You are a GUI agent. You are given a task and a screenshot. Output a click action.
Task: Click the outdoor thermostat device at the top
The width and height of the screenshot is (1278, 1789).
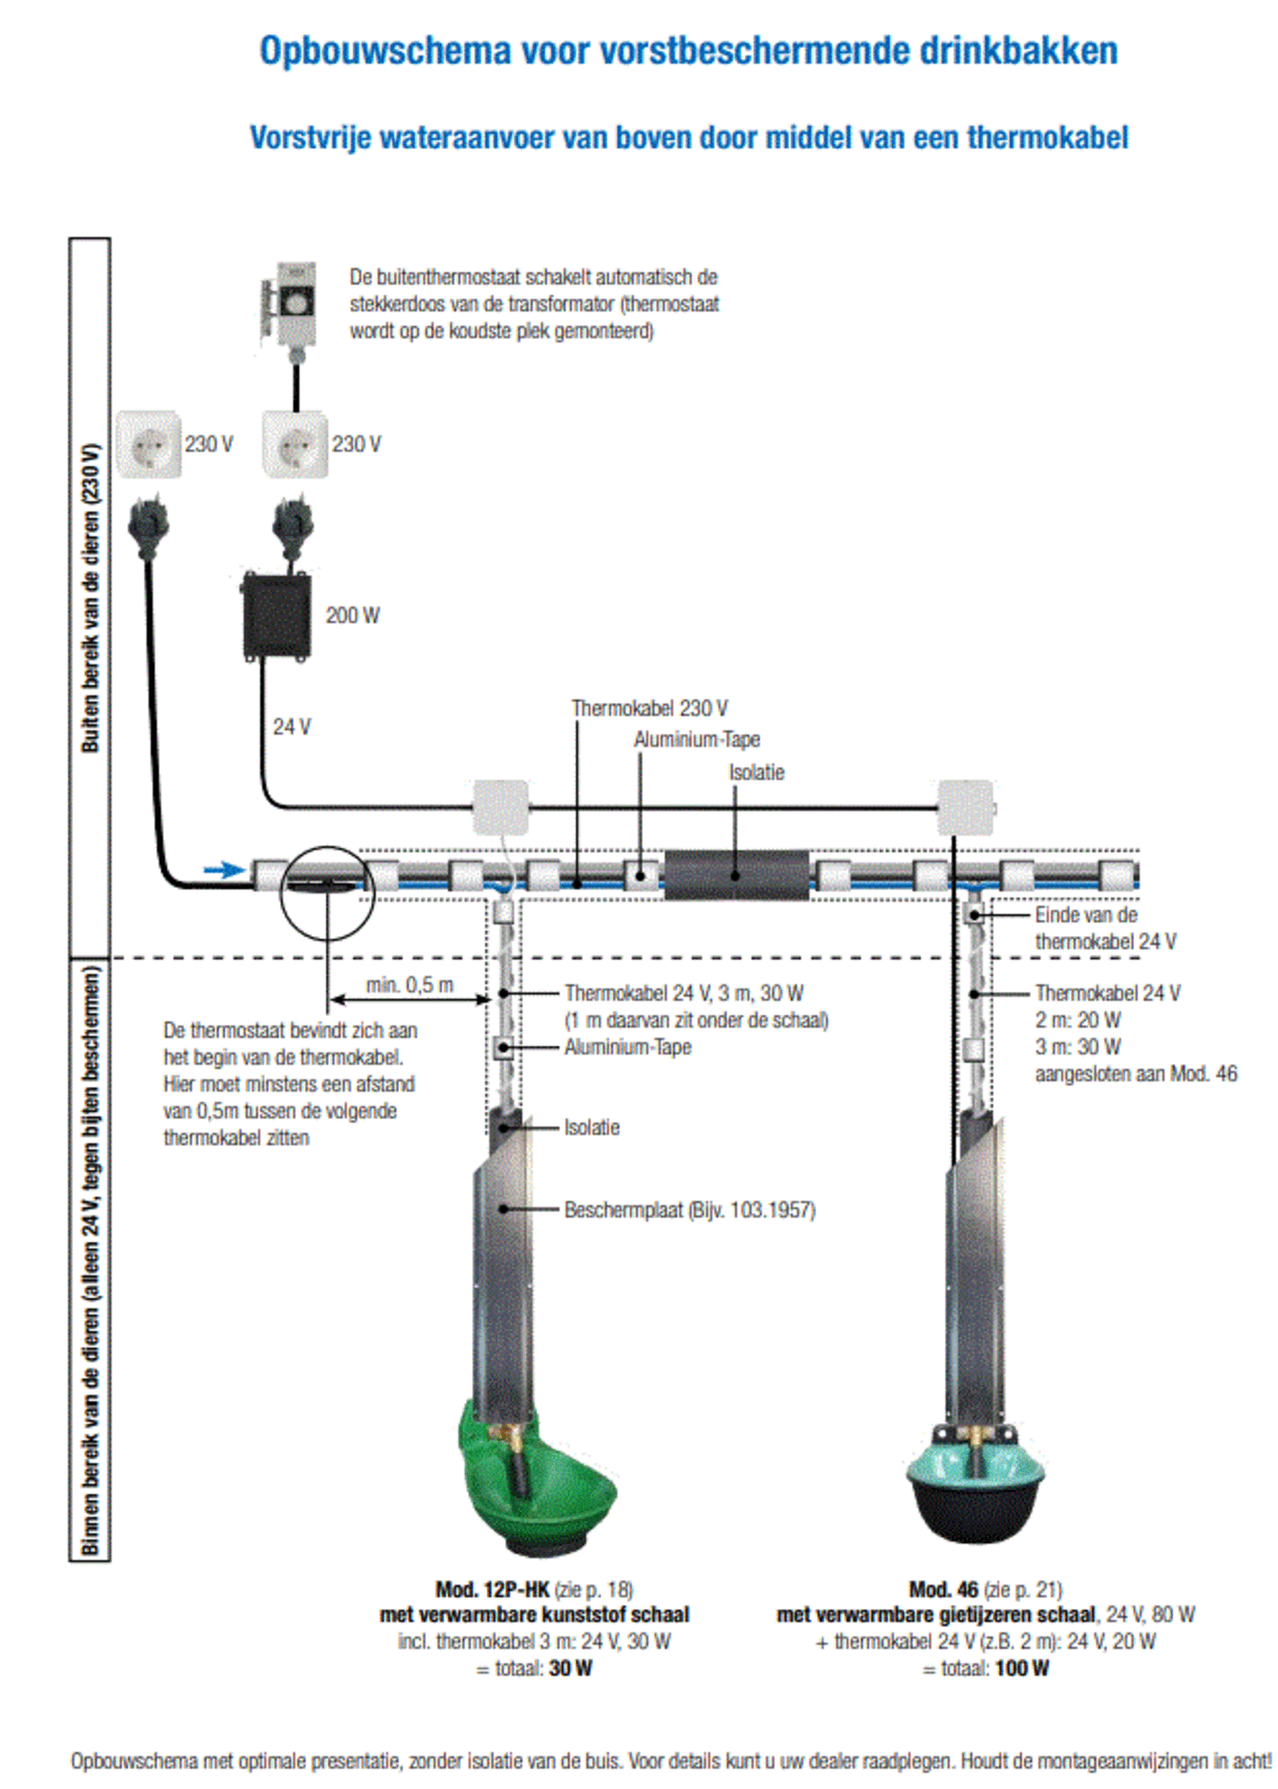pos(296,304)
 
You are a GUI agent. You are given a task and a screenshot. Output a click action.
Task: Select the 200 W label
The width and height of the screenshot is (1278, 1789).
pos(353,615)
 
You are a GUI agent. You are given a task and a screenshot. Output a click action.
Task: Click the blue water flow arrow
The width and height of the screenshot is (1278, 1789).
pos(225,869)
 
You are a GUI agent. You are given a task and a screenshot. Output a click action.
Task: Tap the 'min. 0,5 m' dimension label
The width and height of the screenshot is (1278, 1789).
pos(409,985)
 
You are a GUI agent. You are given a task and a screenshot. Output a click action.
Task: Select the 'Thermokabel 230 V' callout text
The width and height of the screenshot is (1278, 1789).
pos(649,708)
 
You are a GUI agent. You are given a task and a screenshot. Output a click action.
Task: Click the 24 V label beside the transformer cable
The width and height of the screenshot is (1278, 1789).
pos(291,726)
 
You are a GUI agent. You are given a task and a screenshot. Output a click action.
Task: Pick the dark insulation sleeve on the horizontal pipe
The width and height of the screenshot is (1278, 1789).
pos(736,875)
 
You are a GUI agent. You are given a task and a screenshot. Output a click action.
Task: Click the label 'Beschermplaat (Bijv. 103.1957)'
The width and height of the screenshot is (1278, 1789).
pos(689,1210)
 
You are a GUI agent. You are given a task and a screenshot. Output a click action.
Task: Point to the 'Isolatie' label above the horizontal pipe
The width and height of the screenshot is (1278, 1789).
pos(757,773)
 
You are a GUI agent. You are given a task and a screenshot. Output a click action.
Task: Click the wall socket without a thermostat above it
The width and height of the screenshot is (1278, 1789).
pos(149,445)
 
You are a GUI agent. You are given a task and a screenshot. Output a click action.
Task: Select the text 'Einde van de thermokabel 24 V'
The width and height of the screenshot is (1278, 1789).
pos(1105,927)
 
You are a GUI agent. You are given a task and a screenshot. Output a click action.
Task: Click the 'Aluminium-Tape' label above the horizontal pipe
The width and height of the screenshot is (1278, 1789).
pos(696,739)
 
